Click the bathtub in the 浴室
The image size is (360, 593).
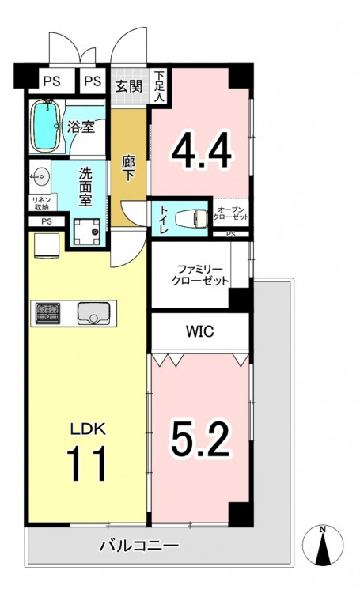(46, 127)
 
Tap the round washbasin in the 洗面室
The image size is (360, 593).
(40, 176)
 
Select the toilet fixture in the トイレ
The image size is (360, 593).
(192, 219)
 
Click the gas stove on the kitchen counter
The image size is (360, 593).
(47, 313)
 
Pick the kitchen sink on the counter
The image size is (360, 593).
(94, 313)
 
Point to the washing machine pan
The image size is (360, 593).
(87, 232)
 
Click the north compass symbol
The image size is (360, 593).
(323, 545)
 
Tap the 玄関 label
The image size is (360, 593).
(129, 87)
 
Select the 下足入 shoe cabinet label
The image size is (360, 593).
(159, 87)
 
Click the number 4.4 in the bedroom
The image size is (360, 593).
(202, 149)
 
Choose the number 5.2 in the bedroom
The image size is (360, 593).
(200, 438)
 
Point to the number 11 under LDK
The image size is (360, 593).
(86, 463)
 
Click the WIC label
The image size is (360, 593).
(200, 331)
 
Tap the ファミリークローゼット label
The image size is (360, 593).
(200, 275)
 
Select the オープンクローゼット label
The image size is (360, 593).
(231, 213)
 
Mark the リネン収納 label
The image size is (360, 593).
(40, 203)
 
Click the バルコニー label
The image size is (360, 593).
(138, 546)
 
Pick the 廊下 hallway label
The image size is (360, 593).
(128, 168)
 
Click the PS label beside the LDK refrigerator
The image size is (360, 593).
(47, 221)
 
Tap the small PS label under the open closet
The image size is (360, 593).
(230, 234)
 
